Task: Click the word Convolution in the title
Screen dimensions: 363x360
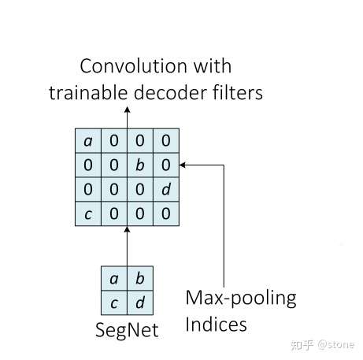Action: click(133, 66)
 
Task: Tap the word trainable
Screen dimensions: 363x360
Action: click(88, 92)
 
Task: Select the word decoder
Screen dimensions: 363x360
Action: click(170, 92)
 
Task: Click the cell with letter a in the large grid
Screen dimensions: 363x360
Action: click(88, 141)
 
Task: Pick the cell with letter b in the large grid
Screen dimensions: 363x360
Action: click(140, 165)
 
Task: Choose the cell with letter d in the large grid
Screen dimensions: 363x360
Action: click(166, 189)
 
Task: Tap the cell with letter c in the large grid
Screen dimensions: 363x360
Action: click(88, 213)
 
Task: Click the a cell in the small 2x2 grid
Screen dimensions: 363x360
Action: click(114, 278)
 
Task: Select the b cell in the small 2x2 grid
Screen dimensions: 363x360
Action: click(140, 278)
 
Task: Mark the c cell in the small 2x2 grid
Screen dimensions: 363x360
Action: click(114, 302)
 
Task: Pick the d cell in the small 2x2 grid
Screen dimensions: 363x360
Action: click(140, 302)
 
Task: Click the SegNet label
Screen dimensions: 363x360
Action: click(127, 330)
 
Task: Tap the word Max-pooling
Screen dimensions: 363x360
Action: click(241, 299)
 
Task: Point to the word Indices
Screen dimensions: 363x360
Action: click(216, 325)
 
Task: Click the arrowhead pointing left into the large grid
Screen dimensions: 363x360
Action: click(183, 165)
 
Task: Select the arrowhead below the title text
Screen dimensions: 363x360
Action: click(128, 109)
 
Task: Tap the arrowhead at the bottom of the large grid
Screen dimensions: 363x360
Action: click(128, 229)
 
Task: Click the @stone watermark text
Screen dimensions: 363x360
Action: click(336, 344)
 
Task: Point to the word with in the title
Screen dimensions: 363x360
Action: click(213, 66)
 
